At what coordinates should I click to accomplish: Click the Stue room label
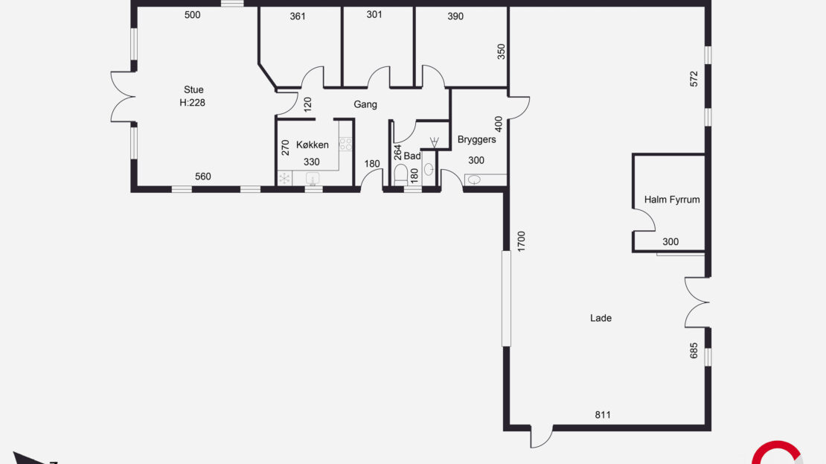point(193,89)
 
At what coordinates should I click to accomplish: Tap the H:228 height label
point(192,103)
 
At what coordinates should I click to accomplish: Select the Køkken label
point(313,145)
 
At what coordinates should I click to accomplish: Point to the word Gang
point(365,104)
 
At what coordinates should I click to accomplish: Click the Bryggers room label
point(477,140)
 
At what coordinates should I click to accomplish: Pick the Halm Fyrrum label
point(672,200)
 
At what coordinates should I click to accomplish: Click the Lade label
point(601,318)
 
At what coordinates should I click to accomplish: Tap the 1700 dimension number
point(522,241)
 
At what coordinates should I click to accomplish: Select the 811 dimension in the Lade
point(603,415)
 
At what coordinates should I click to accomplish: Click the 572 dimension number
point(694,79)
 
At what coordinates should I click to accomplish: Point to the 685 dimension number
point(694,351)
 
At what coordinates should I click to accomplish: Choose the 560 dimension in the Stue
point(203,177)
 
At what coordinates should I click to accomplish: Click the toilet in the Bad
point(401,174)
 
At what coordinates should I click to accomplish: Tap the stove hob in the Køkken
point(345,144)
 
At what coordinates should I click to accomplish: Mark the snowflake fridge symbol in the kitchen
point(284,179)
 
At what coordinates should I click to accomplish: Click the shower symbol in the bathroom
point(434,142)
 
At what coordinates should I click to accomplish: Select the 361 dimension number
point(298,16)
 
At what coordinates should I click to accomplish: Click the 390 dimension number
point(455,16)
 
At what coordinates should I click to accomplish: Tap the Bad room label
point(412,156)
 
